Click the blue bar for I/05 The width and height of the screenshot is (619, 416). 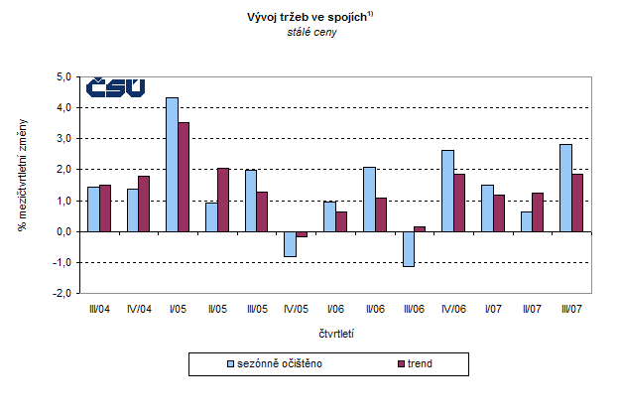pyautogui.click(x=172, y=164)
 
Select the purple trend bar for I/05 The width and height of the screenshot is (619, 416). pyautogui.click(x=184, y=177)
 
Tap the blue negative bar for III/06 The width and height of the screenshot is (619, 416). pyautogui.click(x=409, y=248)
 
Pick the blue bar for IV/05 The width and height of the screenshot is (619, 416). pyautogui.click(x=291, y=243)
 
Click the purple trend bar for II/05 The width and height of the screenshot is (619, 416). pyautogui.click(x=223, y=200)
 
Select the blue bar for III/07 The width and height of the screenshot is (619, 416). pyautogui.click(x=566, y=188)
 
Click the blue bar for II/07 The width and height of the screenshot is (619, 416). pyautogui.click(x=527, y=221)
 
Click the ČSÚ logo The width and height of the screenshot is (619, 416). pyautogui.click(x=115, y=88)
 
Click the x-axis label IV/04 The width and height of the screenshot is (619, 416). pyautogui.click(x=139, y=310)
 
